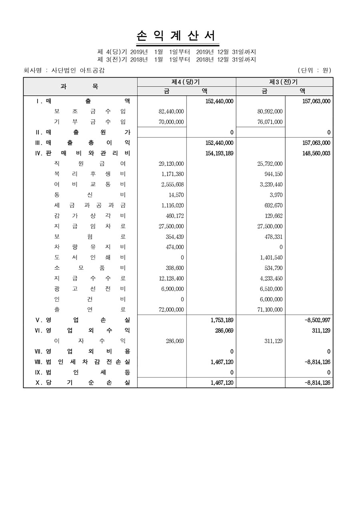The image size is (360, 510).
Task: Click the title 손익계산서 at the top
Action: coord(178,36)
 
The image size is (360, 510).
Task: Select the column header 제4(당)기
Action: coord(186,82)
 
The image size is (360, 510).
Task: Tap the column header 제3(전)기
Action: coord(284,82)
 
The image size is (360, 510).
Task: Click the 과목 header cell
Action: coord(80,86)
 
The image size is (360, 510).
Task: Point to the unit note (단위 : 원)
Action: coord(314,70)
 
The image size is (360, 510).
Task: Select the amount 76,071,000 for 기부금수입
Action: coord(270,122)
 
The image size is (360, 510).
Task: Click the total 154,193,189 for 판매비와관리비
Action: coord(219,153)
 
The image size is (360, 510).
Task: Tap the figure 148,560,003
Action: coord(316,153)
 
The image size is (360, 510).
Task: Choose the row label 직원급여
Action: coord(90,164)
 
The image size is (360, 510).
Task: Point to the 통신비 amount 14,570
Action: coord(176,195)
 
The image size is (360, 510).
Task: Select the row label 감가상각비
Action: coord(90,216)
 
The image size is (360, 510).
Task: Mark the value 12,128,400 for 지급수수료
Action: coord(171,278)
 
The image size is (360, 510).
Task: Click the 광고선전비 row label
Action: coord(90,289)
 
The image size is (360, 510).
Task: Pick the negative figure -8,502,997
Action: coord(317,320)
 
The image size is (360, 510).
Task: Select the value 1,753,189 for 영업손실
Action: coord(222,320)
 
